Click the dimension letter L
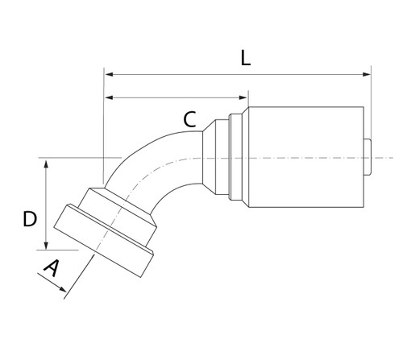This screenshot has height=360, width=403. click(x=247, y=58)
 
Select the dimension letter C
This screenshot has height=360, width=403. click(x=189, y=120)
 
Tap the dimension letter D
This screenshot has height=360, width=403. click(x=30, y=218)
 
